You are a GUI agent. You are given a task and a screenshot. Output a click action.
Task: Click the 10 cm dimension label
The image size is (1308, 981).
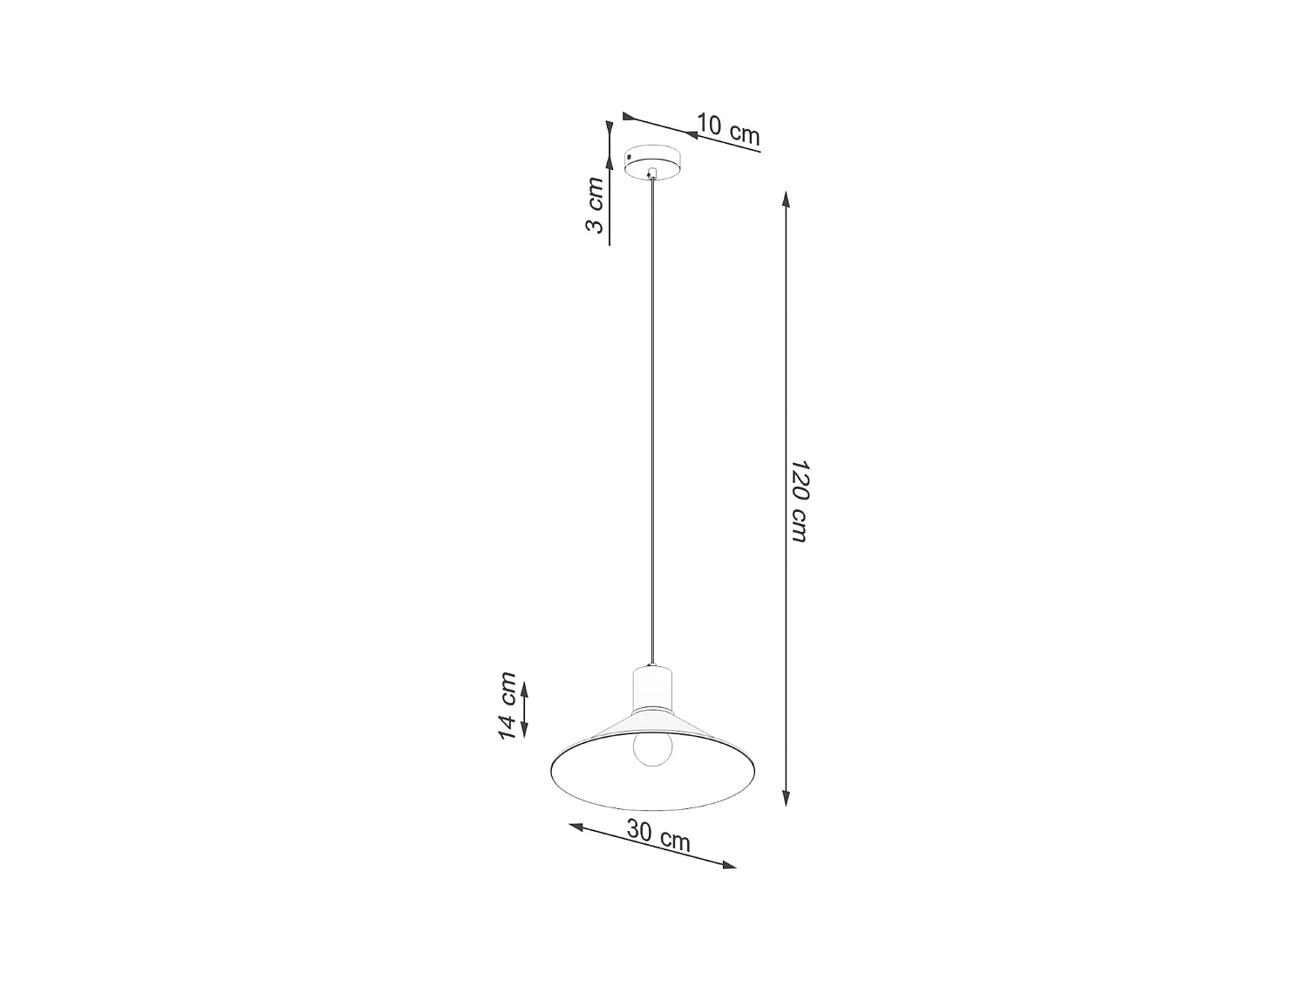[x=728, y=130]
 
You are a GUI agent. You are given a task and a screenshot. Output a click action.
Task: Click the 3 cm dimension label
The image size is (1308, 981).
[x=595, y=206]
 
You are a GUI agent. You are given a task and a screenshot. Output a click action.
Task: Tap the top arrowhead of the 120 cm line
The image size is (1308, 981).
[x=787, y=198]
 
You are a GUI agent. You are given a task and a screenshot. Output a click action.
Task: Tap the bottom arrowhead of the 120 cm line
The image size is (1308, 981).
[x=787, y=798]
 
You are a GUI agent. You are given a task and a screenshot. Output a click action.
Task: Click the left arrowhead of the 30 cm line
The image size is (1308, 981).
[x=576, y=826]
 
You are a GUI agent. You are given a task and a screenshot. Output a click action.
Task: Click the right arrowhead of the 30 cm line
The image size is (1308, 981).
[x=730, y=865]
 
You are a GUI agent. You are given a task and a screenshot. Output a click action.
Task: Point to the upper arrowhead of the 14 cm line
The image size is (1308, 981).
[x=524, y=689]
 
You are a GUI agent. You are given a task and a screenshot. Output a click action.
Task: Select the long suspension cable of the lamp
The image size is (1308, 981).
[x=651, y=419]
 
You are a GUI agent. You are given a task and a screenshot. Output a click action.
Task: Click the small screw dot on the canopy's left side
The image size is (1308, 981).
[x=630, y=156]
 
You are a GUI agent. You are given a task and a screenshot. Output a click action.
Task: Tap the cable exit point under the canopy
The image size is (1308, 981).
[x=650, y=175]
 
